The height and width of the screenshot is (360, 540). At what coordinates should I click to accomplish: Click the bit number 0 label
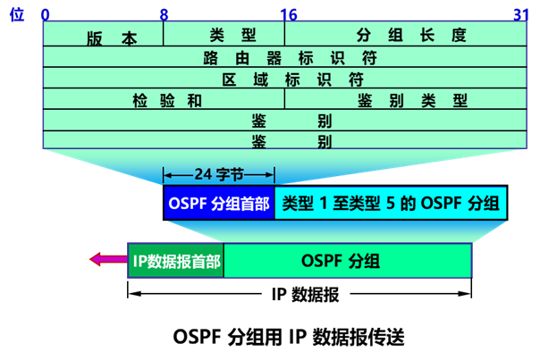[46, 14]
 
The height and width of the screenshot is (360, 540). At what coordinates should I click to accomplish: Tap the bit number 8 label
[164, 14]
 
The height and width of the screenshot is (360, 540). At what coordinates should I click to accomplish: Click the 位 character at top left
[14, 14]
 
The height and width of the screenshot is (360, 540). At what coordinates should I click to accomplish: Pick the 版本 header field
[112, 38]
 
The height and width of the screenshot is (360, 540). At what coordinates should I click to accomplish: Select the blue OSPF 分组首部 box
[219, 203]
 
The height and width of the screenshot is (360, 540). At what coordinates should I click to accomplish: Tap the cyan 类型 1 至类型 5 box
[391, 203]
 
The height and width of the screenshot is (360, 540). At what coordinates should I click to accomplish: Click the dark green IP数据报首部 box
[176, 261]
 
